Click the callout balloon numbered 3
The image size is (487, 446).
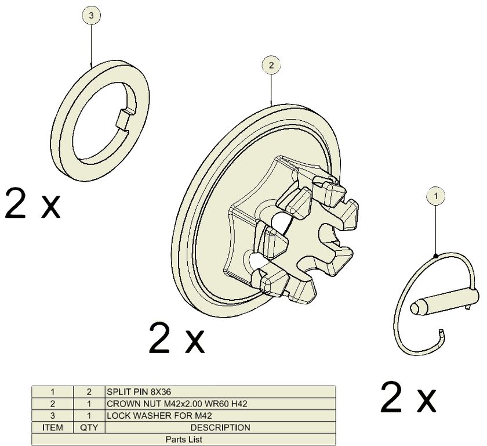(x=91, y=15)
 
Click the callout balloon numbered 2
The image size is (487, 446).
(x=271, y=65)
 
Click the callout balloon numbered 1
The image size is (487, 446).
(x=435, y=196)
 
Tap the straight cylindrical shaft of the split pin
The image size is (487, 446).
(x=445, y=301)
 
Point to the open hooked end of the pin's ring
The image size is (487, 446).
(x=442, y=335)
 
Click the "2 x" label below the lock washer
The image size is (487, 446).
(x=32, y=203)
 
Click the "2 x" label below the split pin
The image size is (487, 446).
(x=408, y=397)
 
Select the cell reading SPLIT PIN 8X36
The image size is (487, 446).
(x=220, y=391)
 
